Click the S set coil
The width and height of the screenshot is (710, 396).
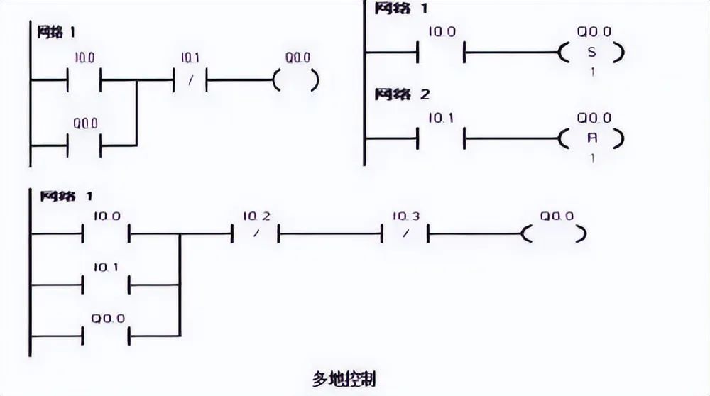point(592,53)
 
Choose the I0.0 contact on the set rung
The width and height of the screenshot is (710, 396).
point(441,53)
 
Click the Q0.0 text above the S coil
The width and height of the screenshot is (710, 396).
point(594,32)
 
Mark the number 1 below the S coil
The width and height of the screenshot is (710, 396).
point(592,72)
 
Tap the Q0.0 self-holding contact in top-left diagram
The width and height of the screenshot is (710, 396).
point(84,145)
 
